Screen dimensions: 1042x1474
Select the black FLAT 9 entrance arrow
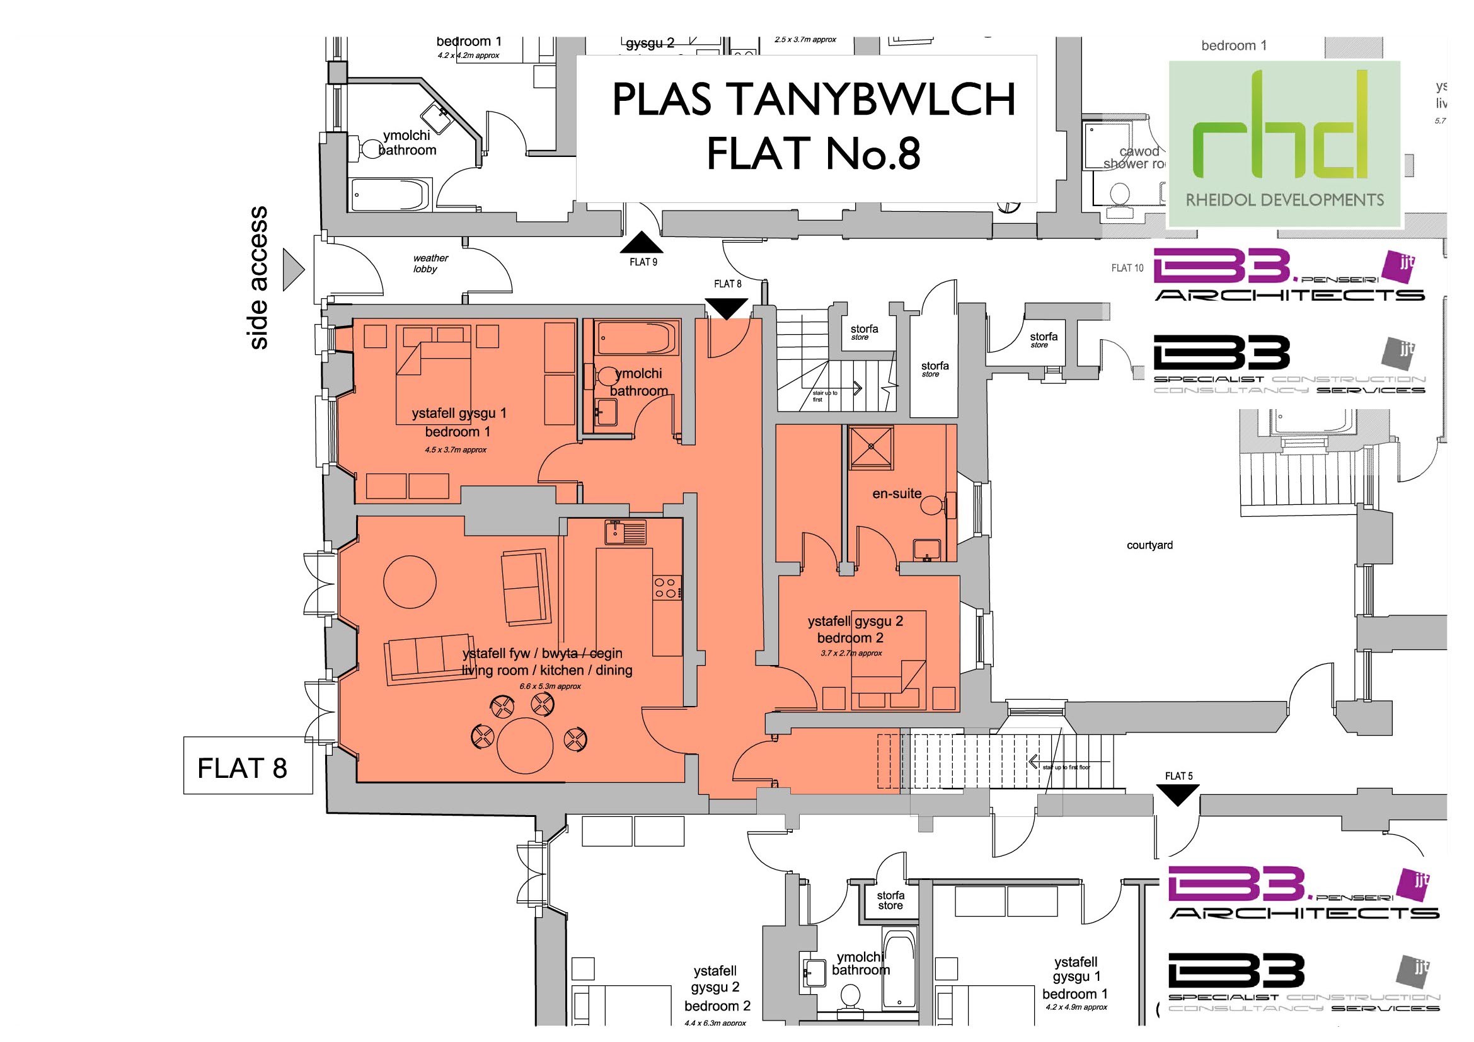642,243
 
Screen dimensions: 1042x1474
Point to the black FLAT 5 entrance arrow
1178,796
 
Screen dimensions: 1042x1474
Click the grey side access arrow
294,270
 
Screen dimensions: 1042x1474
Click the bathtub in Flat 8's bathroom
636,337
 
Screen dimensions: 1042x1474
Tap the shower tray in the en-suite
870,446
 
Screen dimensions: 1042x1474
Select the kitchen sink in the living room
625,532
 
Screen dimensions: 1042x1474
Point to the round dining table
525,745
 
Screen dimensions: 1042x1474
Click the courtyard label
1149,545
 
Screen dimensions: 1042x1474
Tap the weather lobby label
430,263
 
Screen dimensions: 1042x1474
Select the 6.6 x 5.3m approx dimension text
550,686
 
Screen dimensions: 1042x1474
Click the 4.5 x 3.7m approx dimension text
455,450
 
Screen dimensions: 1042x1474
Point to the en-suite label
896,494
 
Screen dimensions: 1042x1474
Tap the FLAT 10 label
1127,268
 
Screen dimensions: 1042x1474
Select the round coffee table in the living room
410,582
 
